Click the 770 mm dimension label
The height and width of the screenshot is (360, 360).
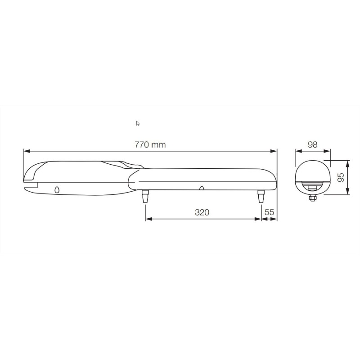(150, 144)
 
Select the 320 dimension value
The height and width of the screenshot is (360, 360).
(202, 212)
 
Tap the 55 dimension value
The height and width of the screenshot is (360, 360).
(270, 212)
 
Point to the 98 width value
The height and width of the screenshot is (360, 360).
(312, 144)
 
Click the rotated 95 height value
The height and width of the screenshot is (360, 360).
(341, 177)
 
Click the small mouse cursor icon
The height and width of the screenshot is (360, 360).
(138, 123)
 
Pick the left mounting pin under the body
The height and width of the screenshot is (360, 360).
(145, 196)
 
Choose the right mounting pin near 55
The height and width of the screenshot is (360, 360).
(261, 196)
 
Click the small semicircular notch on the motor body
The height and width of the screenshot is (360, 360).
(202, 188)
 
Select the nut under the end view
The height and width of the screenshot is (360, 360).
(312, 198)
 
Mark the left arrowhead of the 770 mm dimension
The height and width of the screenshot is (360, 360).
(25, 151)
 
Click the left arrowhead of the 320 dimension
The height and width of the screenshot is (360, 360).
(148, 219)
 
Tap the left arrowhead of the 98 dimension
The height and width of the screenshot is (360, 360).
(297, 151)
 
